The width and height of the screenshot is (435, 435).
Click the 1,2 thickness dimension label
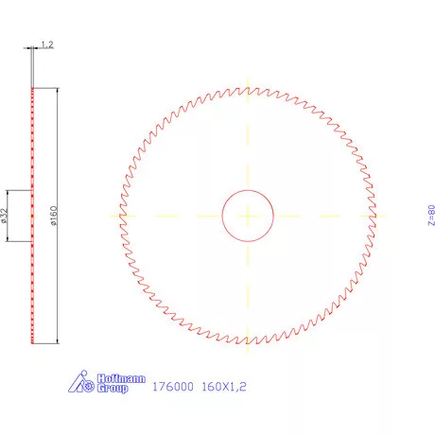coord(47,44)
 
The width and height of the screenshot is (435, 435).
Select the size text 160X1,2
coord(225,386)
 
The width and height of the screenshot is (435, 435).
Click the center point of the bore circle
coord(248,215)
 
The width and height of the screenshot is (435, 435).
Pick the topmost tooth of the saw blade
coord(248,90)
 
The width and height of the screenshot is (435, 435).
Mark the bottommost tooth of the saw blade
coord(248,341)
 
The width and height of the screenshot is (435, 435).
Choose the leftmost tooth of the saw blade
coord(122,216)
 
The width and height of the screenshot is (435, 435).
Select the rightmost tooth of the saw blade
coord(374,216)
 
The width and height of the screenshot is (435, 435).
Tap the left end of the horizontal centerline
coord(110,215)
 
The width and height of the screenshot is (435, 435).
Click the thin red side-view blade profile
coord(33,284)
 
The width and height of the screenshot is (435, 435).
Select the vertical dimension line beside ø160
coord(58,284)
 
